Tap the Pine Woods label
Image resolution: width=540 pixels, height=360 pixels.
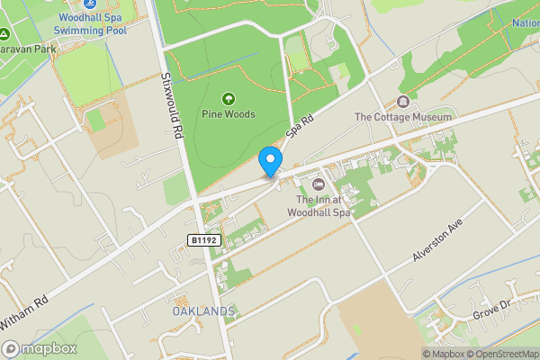coord(228,114)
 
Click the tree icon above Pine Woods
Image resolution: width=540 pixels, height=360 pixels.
coord(228,98)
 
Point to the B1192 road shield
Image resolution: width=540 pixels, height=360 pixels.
coord(204,240)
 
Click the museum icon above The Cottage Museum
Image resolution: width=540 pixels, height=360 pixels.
coord(402,101)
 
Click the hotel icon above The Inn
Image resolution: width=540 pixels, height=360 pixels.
coord(317,184)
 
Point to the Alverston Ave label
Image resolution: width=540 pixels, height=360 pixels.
coord(436,241)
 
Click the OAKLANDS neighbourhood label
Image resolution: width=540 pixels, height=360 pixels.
coord(203,310)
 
